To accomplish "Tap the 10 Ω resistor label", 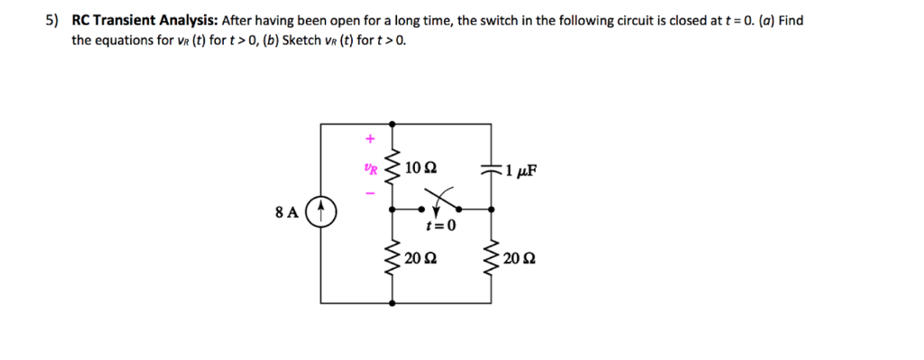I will pos(420,168).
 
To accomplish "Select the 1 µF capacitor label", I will pos(522,169).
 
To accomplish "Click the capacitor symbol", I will pos(492,169).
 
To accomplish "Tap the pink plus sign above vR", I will pos(368,140).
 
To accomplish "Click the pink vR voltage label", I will pos(370,167).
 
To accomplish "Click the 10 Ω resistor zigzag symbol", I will pos(392,168).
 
